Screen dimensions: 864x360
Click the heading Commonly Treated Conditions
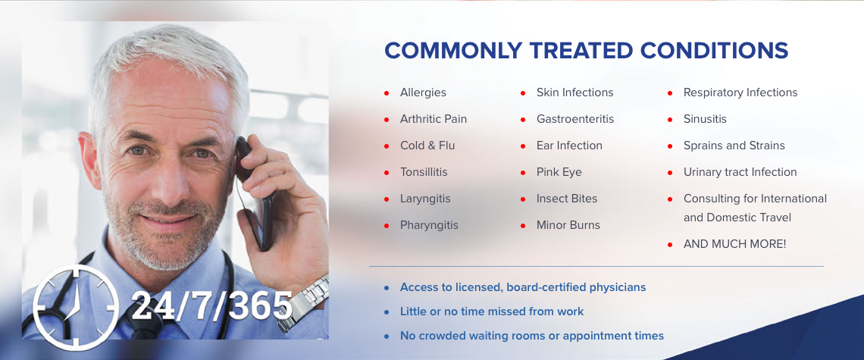[x=587, y=50]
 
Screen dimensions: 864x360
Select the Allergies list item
[x=423, y=92]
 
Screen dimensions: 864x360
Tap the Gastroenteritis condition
[x=575, y=119]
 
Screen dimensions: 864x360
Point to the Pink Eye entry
[x=559, y=172]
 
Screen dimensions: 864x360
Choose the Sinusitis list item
[x=706, y=119]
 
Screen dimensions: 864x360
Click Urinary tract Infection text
[x=740, y=172]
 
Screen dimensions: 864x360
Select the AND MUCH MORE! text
[x=735, y=244]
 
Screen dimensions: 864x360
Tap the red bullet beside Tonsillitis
[x=387, y=173]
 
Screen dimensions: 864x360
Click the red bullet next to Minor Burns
[x=523, y=226]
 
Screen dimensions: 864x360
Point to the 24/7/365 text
[x=211, y=305]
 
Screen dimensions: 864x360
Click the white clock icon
[x=76, y=307]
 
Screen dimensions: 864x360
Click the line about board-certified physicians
[x=523, y=287]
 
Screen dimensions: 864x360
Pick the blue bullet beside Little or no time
[x=387, y=312]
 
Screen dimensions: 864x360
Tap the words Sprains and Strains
[x=734, y=146]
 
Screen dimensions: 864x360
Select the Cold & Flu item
[x=427, y=146]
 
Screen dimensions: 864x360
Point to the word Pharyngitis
[x=429, y=226]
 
